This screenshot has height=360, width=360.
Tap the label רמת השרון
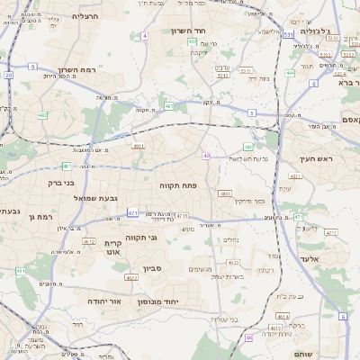(x=76, y=70)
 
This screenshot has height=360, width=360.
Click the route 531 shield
(x=287, y=34)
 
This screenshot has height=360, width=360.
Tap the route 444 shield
(x=290, y=72)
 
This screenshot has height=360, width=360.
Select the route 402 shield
(x=42, y=115)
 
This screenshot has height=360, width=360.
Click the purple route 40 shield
(x=206, y=156)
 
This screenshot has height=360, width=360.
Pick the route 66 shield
(x=249, y=337)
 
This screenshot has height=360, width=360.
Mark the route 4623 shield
(x=233, y=263)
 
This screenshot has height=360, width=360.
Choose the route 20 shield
(x=8, y=75)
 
